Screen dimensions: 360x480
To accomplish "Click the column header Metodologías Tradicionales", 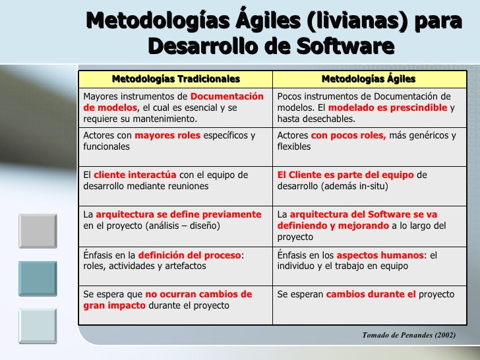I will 175,79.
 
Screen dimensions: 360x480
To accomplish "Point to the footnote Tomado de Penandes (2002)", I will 408,335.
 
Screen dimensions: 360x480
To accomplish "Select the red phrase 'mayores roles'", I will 163,135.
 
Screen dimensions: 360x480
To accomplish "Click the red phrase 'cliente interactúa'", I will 135,175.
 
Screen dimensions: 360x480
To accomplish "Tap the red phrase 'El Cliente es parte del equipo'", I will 345,175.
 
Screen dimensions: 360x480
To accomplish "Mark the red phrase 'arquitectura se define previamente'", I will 178,214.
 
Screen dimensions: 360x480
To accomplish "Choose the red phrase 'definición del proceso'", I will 190,255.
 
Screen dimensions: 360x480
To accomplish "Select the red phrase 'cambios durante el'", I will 371,294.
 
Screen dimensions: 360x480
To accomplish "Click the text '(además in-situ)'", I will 355,186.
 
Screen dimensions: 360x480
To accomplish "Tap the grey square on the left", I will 37,231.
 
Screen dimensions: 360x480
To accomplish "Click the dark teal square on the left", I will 37,280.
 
